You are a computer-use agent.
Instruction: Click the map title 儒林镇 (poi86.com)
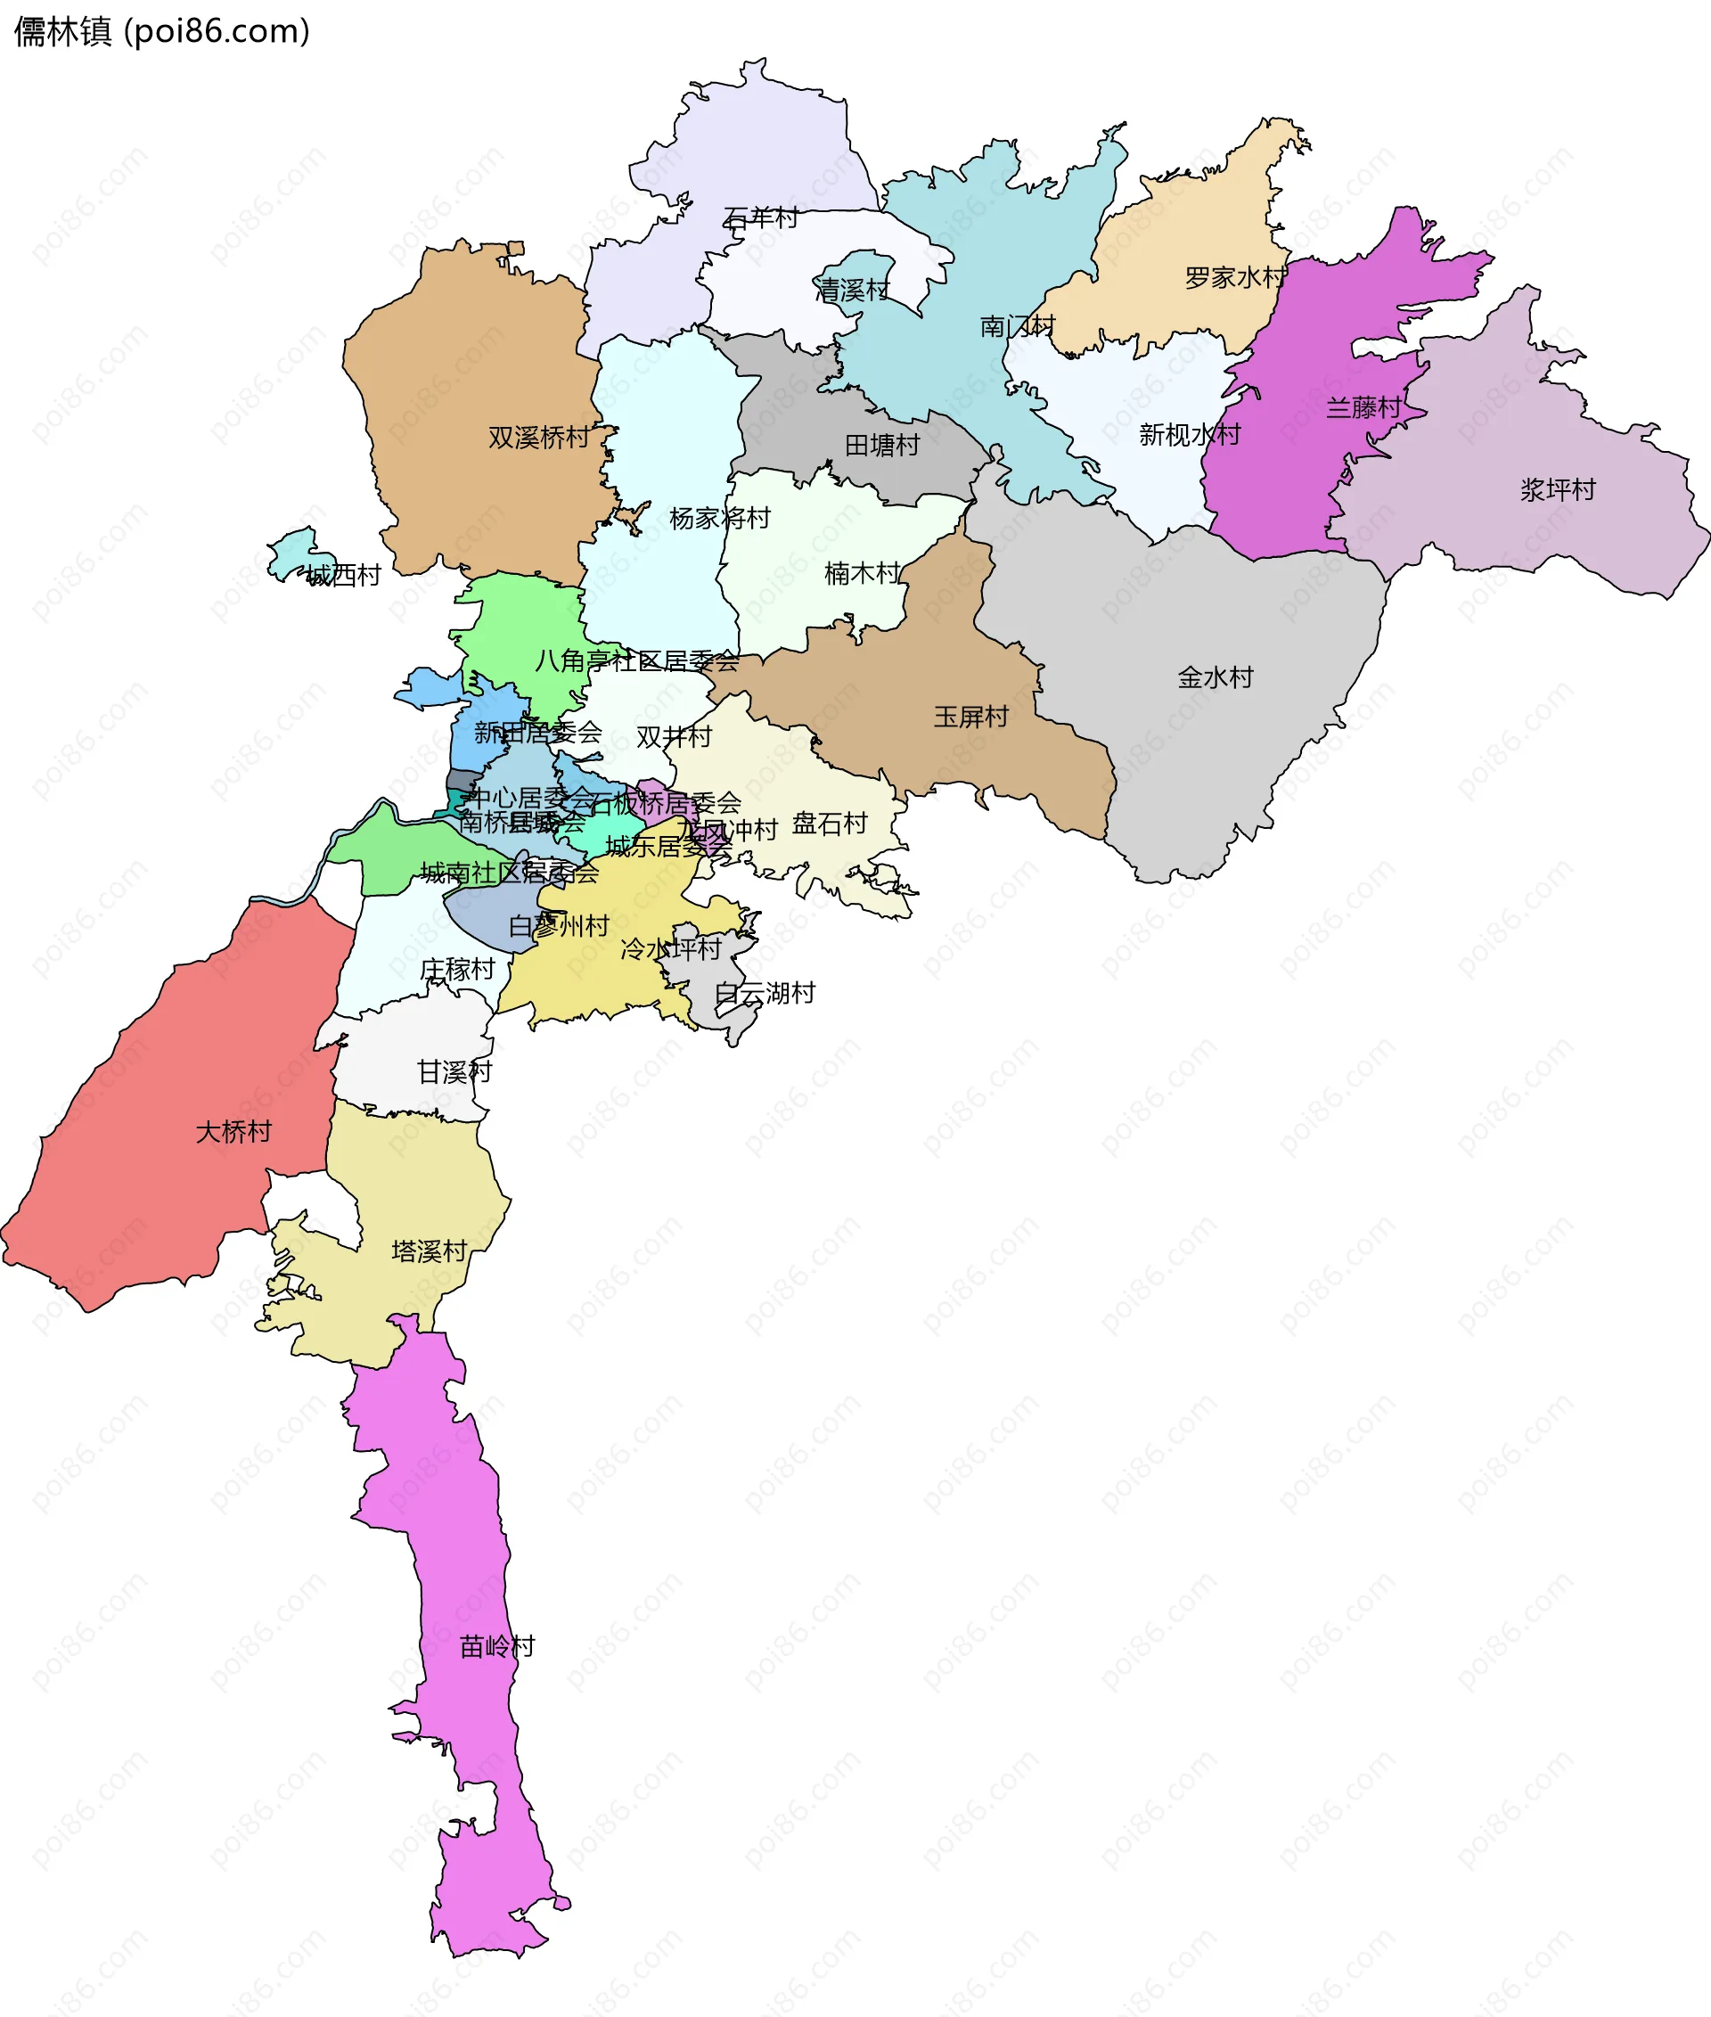point(162,32)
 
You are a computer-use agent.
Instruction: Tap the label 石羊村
point(760,218)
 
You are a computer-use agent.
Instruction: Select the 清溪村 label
point(852,290)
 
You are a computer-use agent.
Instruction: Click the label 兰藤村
point(1363,407)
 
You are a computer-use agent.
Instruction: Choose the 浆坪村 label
point(1558,490)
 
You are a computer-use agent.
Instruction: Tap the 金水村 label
point(1216,677)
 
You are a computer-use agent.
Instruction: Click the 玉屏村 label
point(971,717)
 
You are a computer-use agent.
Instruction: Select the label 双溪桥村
point(538,438)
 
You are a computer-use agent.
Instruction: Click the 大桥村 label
point(233,1132)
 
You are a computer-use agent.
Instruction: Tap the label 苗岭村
point(497,1646)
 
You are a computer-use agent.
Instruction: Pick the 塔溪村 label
point(430,1251)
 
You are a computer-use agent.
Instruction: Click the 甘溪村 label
point(454,1072)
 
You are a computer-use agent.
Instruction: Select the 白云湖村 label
point(765,994)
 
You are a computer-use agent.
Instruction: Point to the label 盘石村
point(830,824)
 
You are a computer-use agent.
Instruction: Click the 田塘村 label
point(881,446)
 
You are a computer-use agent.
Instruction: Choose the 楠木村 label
point(863,573)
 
